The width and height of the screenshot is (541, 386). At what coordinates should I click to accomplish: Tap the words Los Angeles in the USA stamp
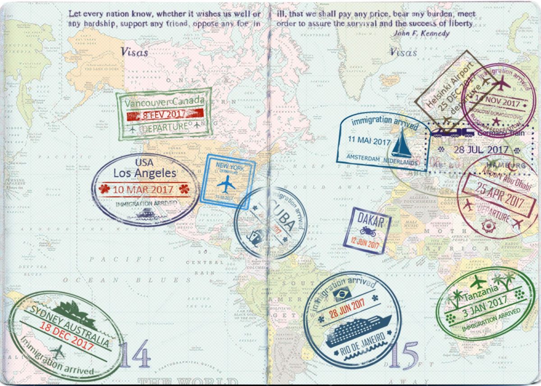tap(144, 173)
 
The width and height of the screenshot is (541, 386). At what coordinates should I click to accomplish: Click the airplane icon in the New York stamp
tap(226, 184)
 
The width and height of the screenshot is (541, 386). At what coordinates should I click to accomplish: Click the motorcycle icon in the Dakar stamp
tap(367, 232)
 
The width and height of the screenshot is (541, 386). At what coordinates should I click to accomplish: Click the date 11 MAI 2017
tap(368, 141)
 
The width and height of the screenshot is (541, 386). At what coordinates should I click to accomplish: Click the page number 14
tap(135, 354)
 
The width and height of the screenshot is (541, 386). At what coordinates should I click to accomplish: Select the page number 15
tap(403, 356)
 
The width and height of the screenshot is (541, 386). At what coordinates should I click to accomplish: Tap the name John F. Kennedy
tap(422, 33)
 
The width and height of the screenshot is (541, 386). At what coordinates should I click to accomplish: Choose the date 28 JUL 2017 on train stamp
tap(481, 150)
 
